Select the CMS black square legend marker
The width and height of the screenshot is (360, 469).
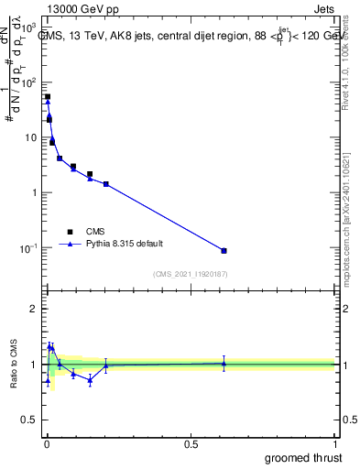click(x=70, y=232)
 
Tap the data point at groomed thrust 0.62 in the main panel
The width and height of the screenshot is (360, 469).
click(x=224, y=250)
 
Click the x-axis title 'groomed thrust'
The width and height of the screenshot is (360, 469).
click(x=304, y=457)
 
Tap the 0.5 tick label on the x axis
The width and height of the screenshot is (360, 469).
click(x=191, y=443)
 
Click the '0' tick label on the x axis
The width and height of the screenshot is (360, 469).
click(x=46, y=443)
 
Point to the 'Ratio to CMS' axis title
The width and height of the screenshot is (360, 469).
click(x=14, y=365)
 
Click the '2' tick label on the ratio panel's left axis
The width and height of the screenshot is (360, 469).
click(x=34, y=309)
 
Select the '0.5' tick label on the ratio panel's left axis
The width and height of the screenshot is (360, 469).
click(x=29, y=420)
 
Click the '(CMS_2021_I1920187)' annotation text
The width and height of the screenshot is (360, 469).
click(x=190, y=274)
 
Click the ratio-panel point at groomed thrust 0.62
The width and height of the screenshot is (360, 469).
click(x=224, y=364)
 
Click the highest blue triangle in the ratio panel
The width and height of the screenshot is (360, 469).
click(x=51, y=346)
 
